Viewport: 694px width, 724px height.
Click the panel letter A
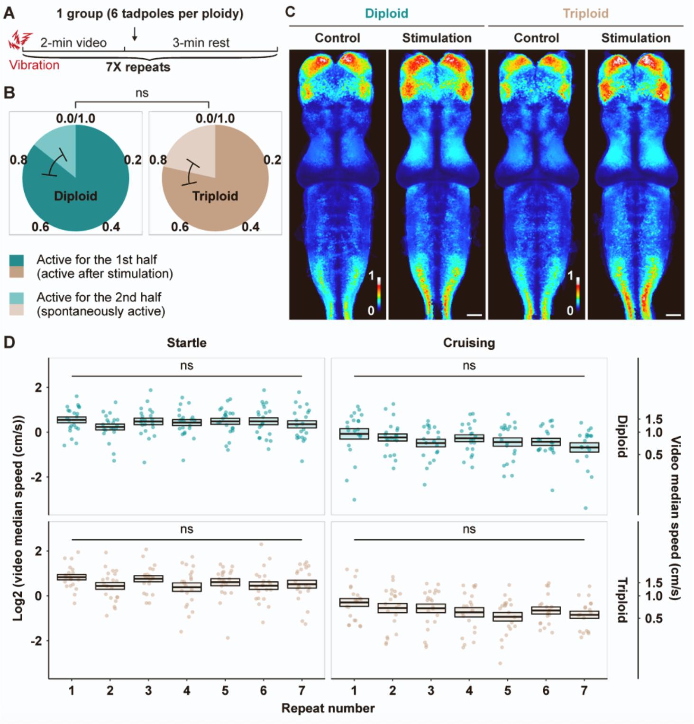coord(9,13)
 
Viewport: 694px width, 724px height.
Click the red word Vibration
coord(35,65)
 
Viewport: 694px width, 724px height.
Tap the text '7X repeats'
coord(138,67)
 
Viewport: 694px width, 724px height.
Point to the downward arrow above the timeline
coord(135,34)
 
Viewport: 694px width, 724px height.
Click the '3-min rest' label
coord(201,43)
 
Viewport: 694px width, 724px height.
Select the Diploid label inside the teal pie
coord(75,196)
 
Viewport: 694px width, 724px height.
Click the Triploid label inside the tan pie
coord(215,196)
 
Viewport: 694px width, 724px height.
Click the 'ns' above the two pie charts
coord(142,93)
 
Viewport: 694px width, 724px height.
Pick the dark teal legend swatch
coord(17,260)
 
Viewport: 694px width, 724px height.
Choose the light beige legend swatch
coord(17,310)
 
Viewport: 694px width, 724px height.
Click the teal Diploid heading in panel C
coord(386,13)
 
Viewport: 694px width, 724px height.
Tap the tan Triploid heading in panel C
coord(585,13)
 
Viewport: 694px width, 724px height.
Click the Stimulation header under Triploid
coord(636,38)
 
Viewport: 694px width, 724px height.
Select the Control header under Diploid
coord(338,38)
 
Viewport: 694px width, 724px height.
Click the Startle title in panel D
coord(186,343)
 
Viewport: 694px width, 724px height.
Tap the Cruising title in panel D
coord(469,343)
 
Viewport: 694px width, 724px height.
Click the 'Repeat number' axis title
coord(328,708)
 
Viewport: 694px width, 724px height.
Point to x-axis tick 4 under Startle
coord(187,691)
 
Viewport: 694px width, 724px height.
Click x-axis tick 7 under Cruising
coord(584,691)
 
